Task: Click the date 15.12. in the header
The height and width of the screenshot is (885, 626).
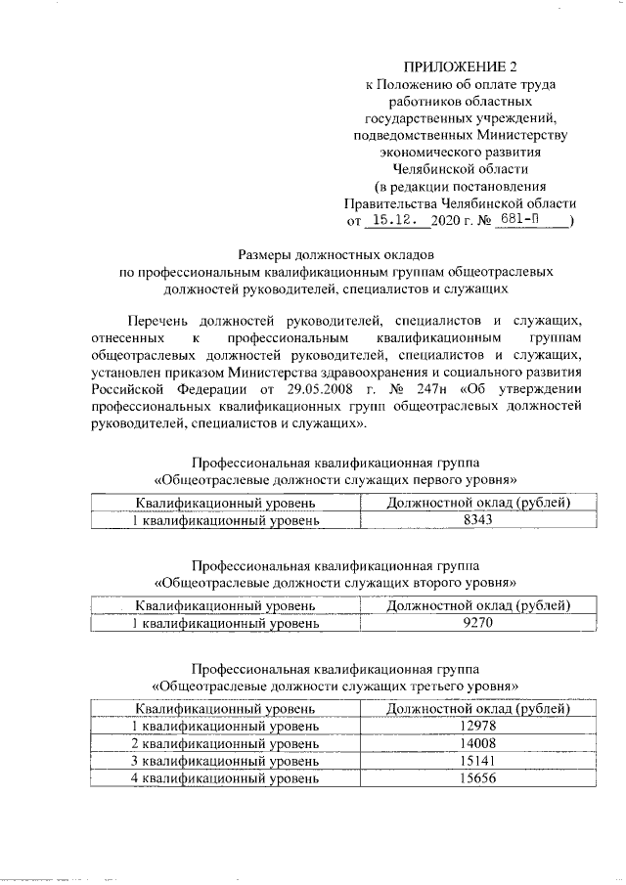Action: point(400,221)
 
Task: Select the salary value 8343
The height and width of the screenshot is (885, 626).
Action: point(478,520)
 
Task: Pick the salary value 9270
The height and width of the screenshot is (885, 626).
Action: point(478,622)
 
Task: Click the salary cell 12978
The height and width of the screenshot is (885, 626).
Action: point(478,724)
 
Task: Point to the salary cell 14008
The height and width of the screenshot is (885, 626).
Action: point(478,742)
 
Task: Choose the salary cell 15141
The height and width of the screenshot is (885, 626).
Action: point(478,761)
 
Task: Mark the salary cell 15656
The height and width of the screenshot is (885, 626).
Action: point(478,779)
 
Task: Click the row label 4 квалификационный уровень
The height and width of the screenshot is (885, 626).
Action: point(225,779)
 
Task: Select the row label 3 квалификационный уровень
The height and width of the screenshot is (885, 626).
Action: point(225,761)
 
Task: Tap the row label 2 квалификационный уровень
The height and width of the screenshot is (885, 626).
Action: point(225,742)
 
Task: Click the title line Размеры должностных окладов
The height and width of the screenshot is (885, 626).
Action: point(335,254)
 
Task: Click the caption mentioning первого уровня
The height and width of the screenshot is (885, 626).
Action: point(335,479)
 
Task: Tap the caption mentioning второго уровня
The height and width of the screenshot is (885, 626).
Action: point(335,581)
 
